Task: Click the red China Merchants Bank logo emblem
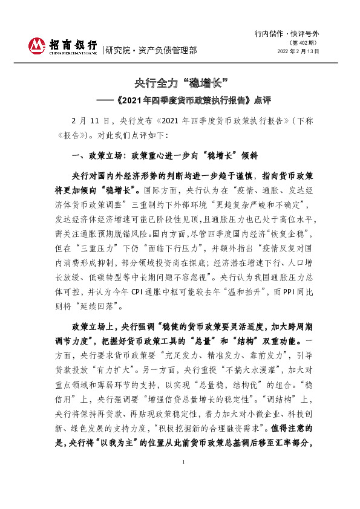point(38,45)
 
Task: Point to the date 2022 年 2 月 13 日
point(298,51)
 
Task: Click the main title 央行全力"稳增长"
point(180,82)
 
